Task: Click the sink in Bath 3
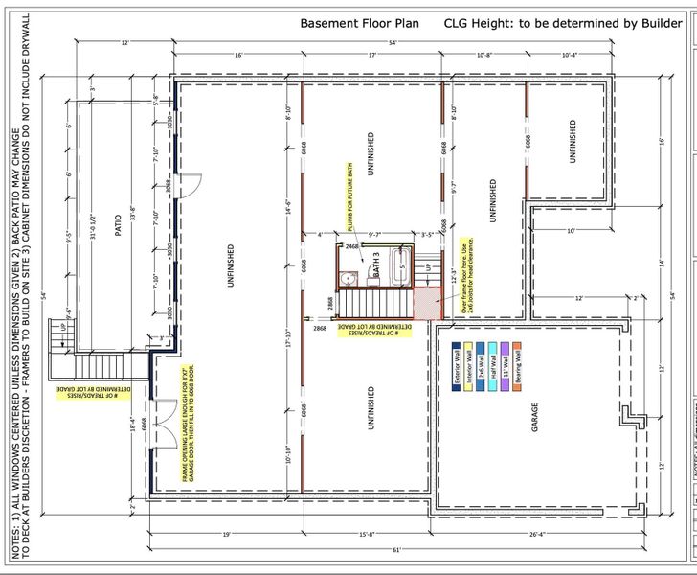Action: click(x=348, y=278)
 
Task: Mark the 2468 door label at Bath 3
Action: click(x=352, y=247)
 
